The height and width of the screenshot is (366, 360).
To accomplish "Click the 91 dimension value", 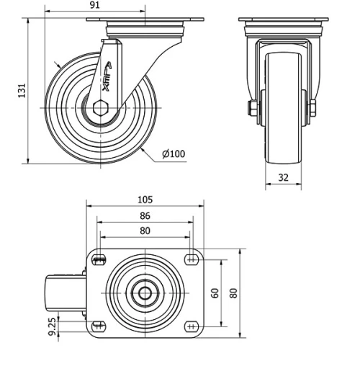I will (94, 5).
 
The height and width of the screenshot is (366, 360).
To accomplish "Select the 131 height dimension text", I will (22, 90).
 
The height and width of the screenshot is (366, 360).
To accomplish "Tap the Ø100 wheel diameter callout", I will (174, 153).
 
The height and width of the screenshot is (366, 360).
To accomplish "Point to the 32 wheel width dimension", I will (282, 176).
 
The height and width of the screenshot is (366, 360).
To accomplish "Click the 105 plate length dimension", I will (145, 200).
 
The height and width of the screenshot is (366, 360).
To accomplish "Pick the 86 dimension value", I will (145, 215).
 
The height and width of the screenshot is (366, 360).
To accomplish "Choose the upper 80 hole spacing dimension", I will (145, 231).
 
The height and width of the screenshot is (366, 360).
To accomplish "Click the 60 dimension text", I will (215, 293).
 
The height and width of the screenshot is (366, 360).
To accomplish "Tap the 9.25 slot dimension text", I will (52, 328).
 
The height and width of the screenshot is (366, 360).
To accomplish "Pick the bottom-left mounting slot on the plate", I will (99, 326).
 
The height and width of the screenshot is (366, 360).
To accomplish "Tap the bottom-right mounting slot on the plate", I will (192, 326).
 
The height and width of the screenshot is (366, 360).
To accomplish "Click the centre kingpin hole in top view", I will (145, 293).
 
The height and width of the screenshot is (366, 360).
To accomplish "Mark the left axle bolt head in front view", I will (253, 109).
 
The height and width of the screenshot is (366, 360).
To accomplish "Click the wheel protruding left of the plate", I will (61, 293).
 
